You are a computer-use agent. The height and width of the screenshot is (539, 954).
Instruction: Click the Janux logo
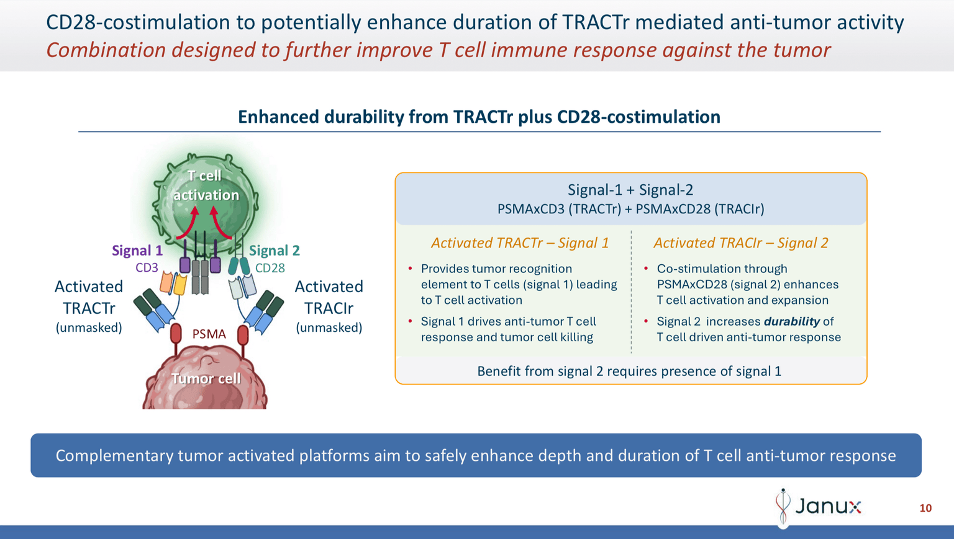click(x=819, y=507)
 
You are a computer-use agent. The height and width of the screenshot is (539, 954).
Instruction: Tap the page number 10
click(x=925, y=508)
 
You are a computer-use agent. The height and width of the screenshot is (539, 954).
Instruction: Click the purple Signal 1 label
click(x=137, y=251)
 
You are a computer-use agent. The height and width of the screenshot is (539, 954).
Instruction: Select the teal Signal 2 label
click(x=275, y=251)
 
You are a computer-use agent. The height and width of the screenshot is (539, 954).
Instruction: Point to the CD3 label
click(x=147, y=268)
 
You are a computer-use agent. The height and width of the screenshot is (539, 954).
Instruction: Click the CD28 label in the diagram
click(x=270, y=268)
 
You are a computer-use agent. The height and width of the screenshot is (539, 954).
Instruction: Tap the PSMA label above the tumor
click(x=209, y=334)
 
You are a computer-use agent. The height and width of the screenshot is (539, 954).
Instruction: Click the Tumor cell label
click(x=206, y=378)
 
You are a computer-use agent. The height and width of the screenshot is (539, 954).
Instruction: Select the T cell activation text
click(x=206, y=185)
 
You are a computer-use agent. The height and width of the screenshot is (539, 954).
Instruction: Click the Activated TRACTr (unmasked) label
click(x=89, y=306)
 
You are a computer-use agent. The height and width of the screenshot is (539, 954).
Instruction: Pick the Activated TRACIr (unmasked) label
click(x=329, y=306)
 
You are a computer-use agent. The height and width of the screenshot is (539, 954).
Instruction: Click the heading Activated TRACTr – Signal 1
click(x=520, y=243)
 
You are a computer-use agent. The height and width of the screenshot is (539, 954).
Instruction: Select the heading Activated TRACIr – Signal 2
click(x=741, y=243)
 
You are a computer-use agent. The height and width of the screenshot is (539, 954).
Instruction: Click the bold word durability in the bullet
click(x=791, y=321)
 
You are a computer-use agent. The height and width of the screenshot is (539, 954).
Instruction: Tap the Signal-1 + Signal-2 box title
click(x=630, y=190)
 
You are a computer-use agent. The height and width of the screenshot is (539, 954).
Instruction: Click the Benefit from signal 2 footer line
click(x=629, y=371)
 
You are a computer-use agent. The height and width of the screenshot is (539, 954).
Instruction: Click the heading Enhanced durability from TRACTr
click(x=479, y=117)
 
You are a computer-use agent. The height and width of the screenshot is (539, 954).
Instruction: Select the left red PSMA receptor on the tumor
click(x=176, y=334)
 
